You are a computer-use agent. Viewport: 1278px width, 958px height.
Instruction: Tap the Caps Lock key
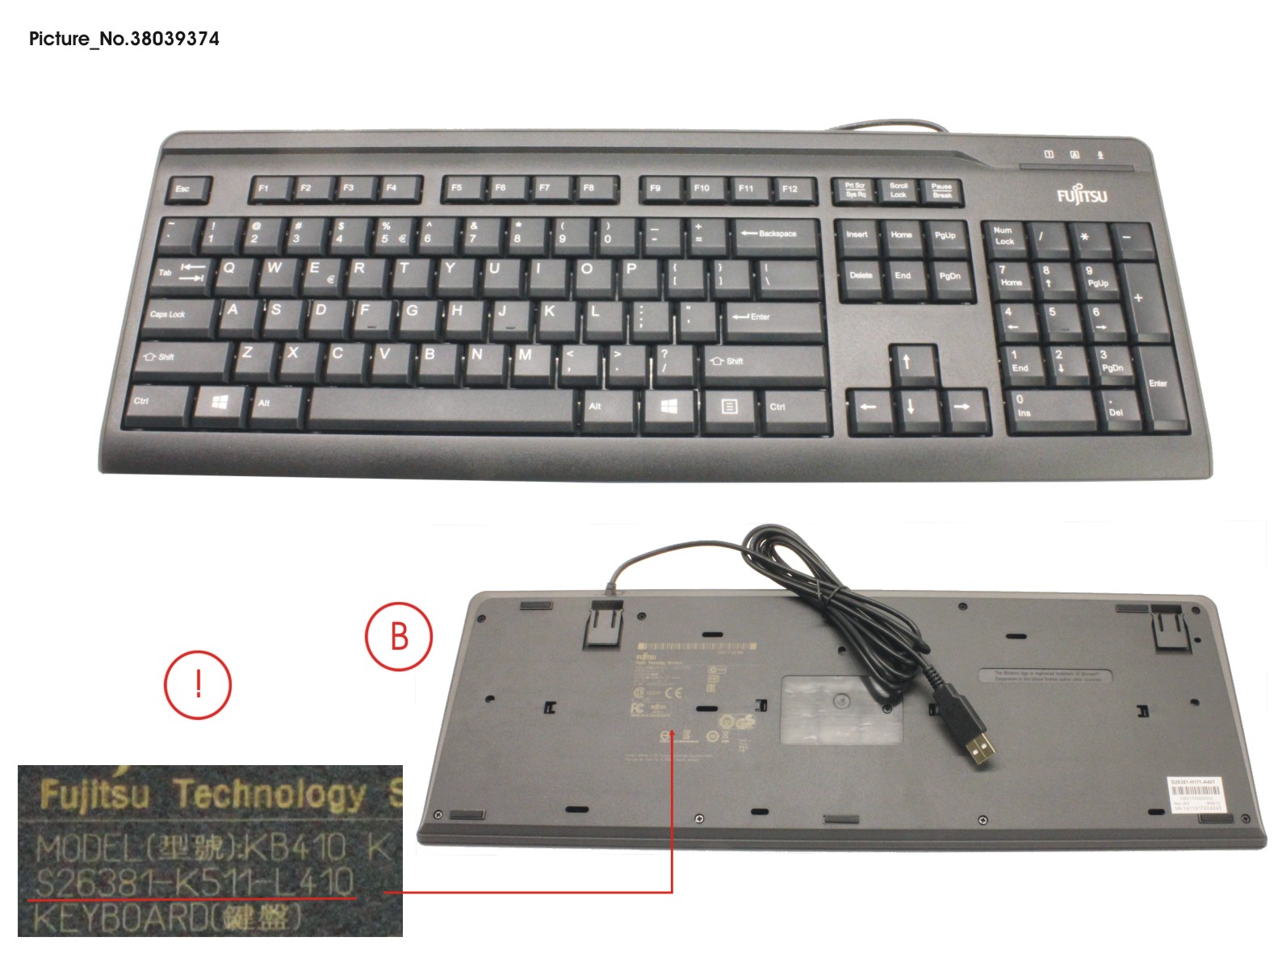(x=177, y=315)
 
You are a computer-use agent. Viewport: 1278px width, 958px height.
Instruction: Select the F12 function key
(x=790, y=190)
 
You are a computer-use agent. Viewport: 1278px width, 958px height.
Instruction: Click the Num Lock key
(x=1004, y=236)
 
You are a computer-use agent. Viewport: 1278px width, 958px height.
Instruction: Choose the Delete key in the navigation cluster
(x=861, y=277)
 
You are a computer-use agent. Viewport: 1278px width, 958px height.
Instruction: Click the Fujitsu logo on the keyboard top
(x=1082, y=196)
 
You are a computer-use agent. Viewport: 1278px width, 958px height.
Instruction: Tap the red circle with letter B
(x=399, y=637)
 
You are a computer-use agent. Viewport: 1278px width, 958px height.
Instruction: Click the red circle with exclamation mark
(x=198, y=685)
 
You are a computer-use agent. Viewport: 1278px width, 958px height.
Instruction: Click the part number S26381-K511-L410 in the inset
(x=194, y=881)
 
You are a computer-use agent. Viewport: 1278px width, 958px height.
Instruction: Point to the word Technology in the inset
(x=270, y=795)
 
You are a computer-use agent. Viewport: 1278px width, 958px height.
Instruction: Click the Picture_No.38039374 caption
(x=124, y=39)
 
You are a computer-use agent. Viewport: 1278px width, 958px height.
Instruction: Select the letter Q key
(x=229, y=270)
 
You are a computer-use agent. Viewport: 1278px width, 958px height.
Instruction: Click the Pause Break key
(x=942, y=191)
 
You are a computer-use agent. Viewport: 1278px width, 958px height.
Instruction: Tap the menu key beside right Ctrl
(x=729, y=407)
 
